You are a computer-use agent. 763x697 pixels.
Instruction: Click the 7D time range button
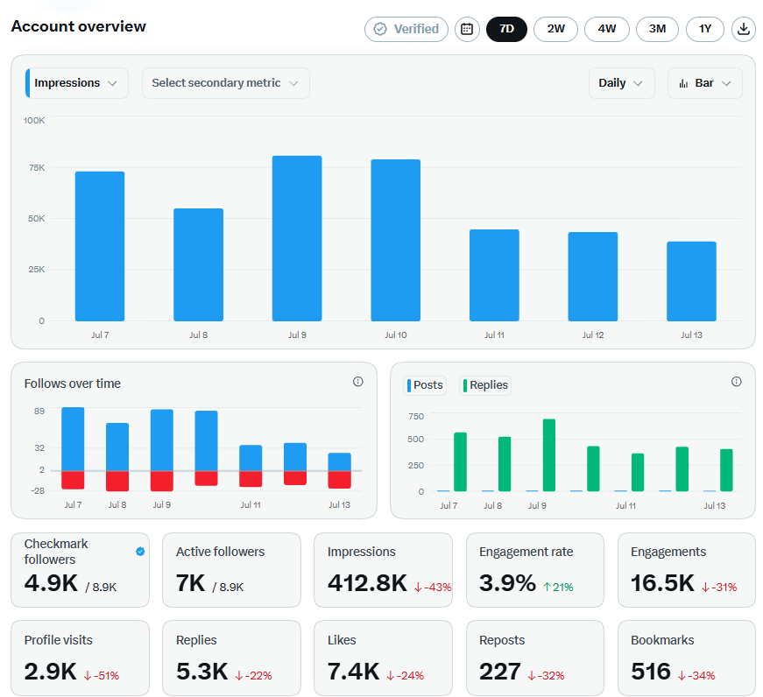pyautogui.click(x=506, y=29)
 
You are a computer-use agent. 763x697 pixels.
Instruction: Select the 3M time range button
pyautogui.click(x=657, y=29)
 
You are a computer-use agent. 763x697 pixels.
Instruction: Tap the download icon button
pyautogui.click(x=743, y=29)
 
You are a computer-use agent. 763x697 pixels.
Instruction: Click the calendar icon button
pyautogui.click(x=467, y=29)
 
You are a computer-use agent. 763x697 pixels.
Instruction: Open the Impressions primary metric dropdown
pyautogui.click(x=76, y=83)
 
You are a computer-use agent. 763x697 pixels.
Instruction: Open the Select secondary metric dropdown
pyautogui.click(x=225, y=83)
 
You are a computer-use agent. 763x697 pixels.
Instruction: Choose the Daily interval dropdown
pyautogui.click(x=621, y=83)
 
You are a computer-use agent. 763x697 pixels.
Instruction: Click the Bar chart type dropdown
pyautogui.click(x=704, y=83)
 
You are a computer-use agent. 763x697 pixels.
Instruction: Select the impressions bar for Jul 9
pyautogui.click(x=297, y=238)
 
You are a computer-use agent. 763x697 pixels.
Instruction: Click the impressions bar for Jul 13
pyautogui.click(x=691, y=281)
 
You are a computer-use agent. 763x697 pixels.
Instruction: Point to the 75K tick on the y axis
pyautogui.click(x=37, y=168)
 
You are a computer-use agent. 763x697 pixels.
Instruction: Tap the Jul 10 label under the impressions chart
pyautogui.click(x=396, y=334)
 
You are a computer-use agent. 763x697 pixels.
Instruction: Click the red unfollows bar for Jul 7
pyautogui.click(x=73, y=480)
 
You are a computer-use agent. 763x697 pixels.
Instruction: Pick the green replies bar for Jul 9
pyautogui.click(x=549, y=454)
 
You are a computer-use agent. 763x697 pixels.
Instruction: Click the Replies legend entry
pyautogui.click(x=485, y=385)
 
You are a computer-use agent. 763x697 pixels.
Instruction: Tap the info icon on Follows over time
pyautogui.click(x=357, y=382)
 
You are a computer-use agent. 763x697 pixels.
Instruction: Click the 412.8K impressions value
pyautogui.click(x=367, y=582)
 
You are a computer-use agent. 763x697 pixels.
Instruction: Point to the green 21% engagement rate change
pyautogui.click(x=558, y=587)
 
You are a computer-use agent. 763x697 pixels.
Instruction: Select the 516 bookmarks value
pyautogui.click(x=651, y=672)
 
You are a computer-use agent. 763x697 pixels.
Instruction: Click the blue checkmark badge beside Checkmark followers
pyautogui.click(x=140, y=551)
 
